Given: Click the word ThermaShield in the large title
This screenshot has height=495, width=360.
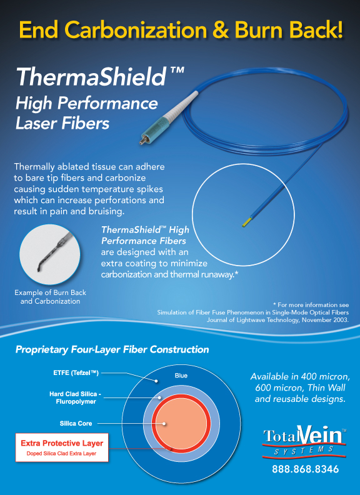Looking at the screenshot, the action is (91, 77).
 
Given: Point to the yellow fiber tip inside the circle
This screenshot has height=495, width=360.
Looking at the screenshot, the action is (247, 222).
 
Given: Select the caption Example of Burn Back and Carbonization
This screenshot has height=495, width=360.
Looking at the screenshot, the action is (50, 297).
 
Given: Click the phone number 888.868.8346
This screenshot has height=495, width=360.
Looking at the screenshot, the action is (306, 469).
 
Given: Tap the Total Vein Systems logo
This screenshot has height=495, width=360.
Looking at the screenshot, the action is (305, 442).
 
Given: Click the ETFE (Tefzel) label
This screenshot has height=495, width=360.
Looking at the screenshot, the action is (76, 373).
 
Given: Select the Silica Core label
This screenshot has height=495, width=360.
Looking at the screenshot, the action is (76, 423).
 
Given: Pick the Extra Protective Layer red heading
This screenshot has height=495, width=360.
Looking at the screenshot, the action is (62, 443).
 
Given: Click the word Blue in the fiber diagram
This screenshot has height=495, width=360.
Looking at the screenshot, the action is (181, 376).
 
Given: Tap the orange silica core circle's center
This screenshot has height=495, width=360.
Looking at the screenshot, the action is (181, 423).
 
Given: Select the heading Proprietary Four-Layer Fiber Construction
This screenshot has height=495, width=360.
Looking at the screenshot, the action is (112, 349).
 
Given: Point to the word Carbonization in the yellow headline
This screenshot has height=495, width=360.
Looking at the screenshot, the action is (137, 30).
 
